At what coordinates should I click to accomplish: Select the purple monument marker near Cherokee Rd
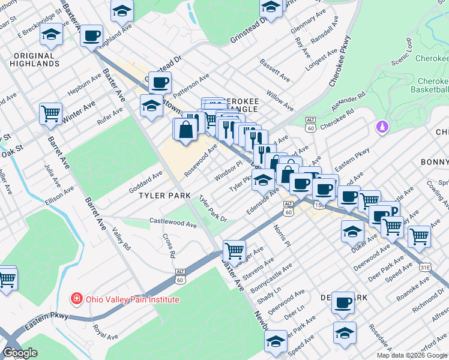coord(382,127)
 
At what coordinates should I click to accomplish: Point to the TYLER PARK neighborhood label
coord(164,196)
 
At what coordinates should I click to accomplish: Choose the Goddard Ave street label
coord(146,182)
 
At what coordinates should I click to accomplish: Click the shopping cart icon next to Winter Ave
coord(50,113)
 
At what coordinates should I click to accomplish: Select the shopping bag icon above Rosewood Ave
coord(185,129)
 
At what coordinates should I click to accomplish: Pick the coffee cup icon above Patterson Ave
coord(160,82)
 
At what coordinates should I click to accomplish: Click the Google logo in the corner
coord(20,353)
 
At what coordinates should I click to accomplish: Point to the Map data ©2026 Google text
coord(412,355)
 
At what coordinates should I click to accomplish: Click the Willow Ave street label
coord(280,100)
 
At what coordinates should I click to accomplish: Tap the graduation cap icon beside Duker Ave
coord(352,231)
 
